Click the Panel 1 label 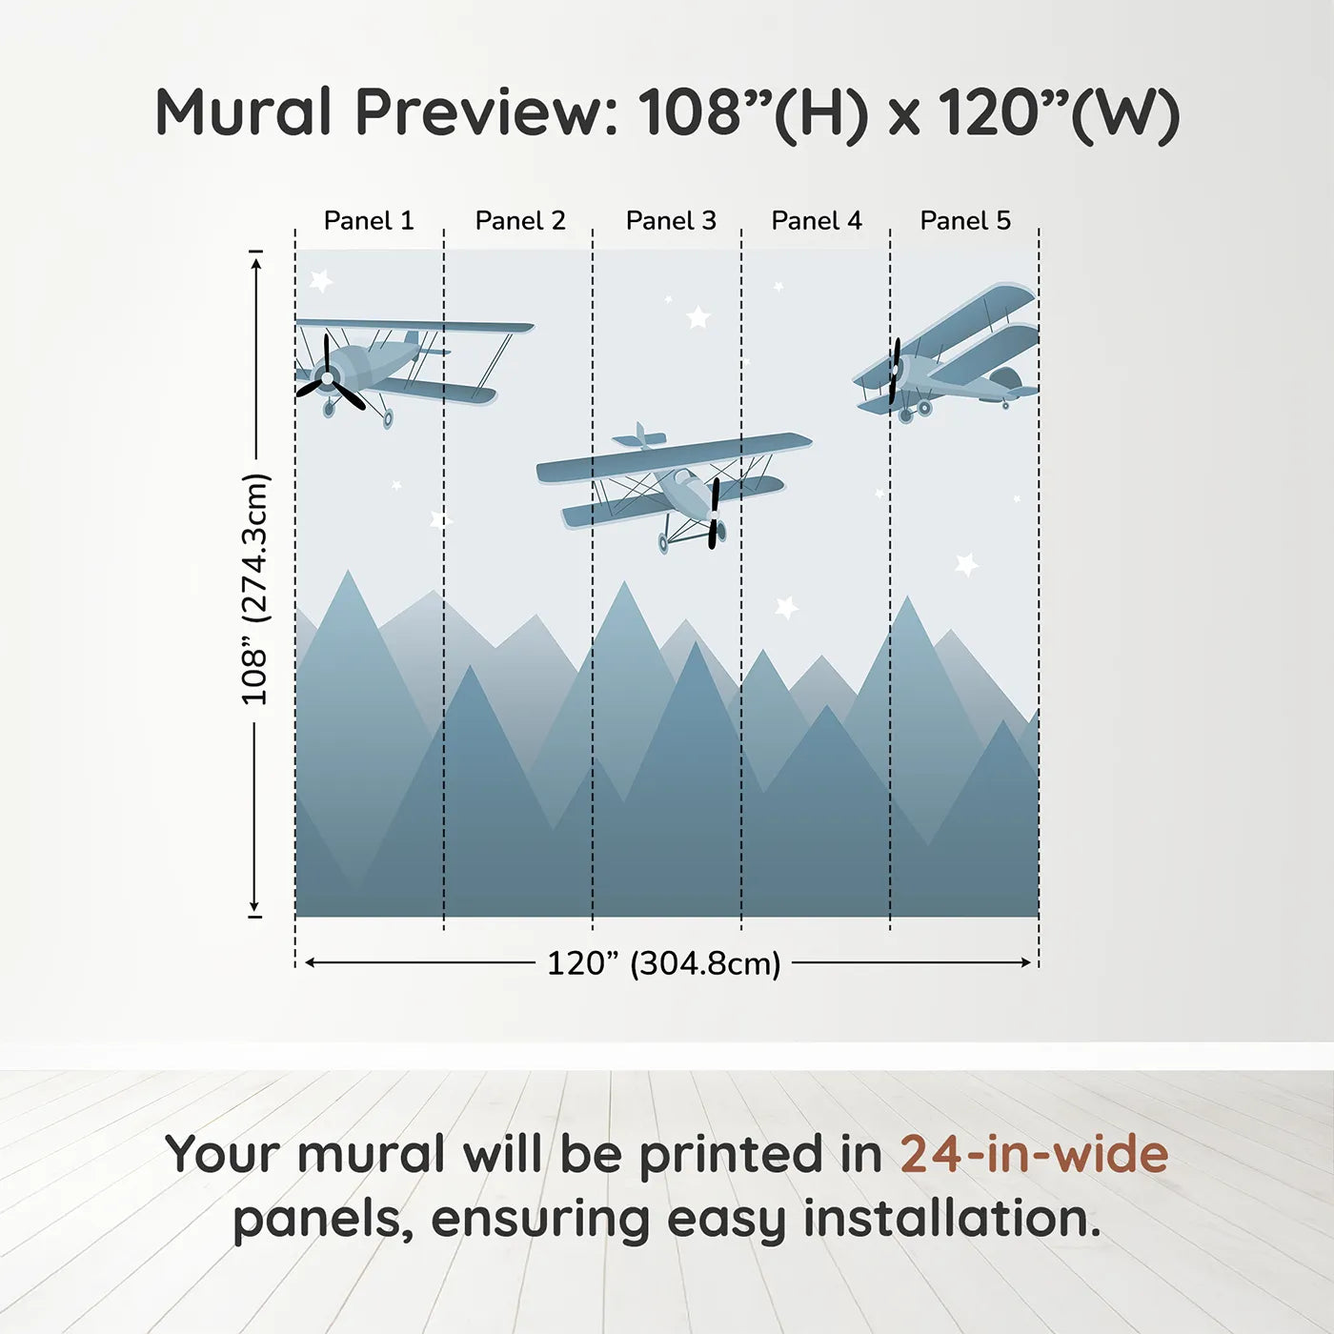coord(369,221)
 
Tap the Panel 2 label coord(520,221)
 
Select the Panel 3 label coord(671,221)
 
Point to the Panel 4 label coord(817,221)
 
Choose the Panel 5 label coord(965,221)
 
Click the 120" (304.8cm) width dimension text coord(663,963)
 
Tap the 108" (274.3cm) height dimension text coord(255,589)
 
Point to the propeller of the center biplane coord(714,514)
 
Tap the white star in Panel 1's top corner coord(321,280)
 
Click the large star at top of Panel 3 coord(698,316)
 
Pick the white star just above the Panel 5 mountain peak coord(966,564)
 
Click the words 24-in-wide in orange coord(1034,1154)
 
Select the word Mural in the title coord(243,112)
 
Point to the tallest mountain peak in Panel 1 coord(348,575)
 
